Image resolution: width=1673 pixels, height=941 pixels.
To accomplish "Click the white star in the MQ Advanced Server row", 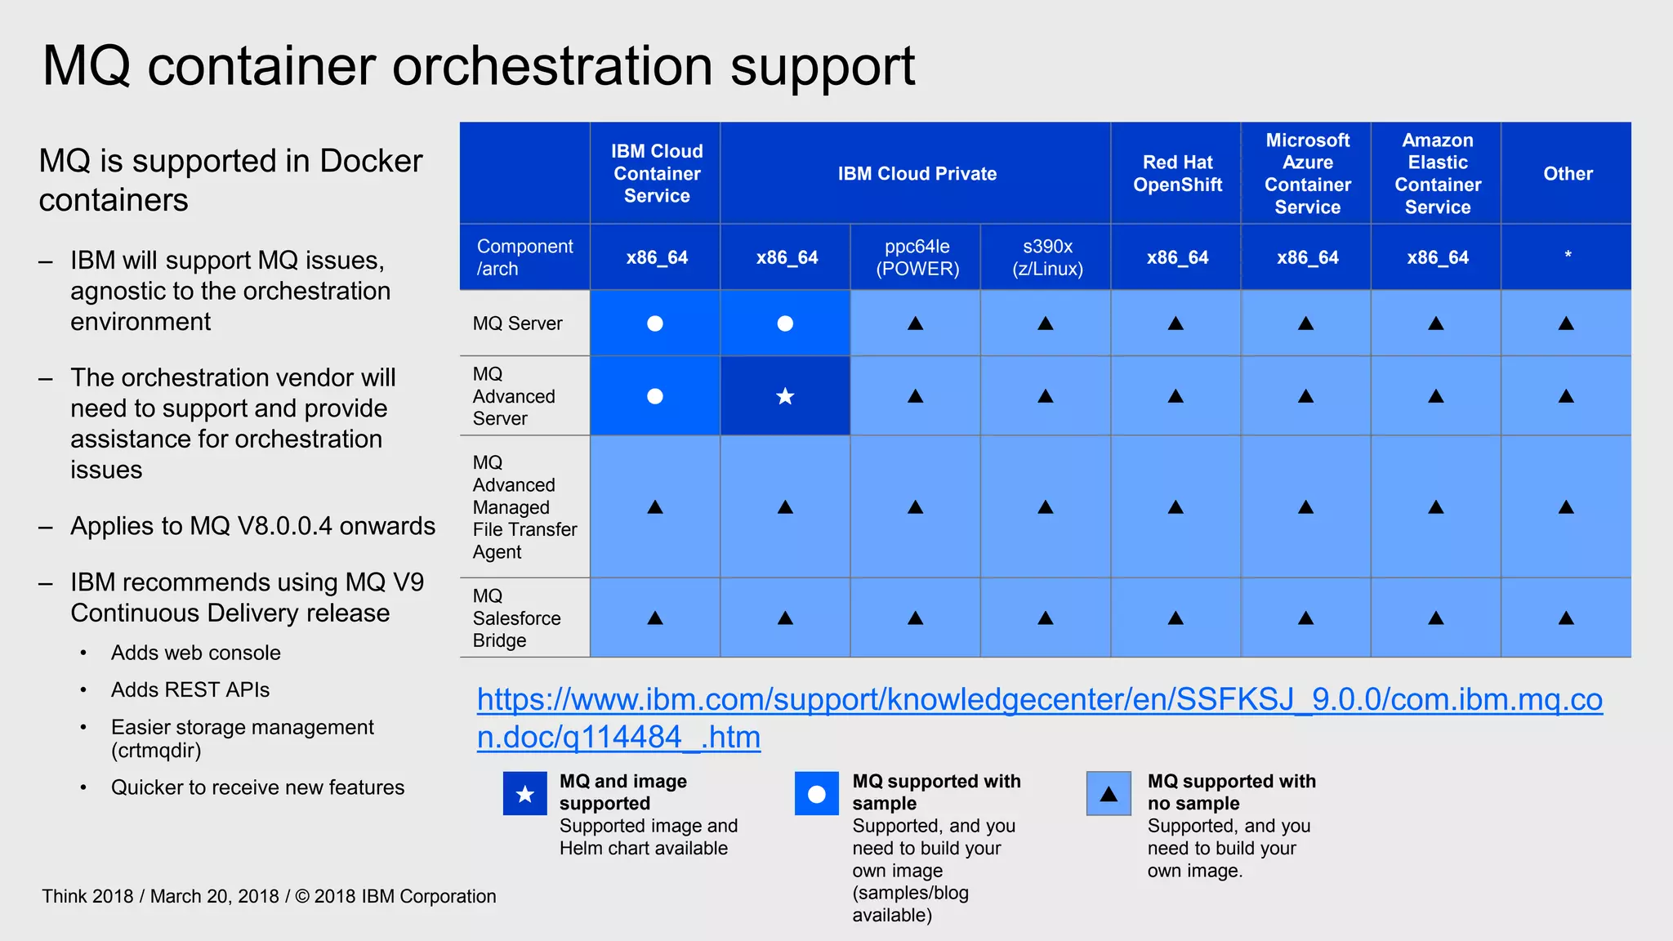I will tap(785, 396).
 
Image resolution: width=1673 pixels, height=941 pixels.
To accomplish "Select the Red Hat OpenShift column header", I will tap(1177, 173).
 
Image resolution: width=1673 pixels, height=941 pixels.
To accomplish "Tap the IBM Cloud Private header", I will tap(917, 173).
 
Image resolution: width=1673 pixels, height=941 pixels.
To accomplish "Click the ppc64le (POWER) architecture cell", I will tap(917, 257).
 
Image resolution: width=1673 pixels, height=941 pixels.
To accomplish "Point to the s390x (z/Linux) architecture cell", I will tap(1047, 257).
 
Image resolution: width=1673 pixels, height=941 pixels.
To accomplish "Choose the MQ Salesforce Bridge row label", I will tap(516, 618).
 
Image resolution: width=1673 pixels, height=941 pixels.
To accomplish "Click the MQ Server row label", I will tap(517, 323).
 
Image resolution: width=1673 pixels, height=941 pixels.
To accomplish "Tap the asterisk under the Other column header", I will tap(1568, 256).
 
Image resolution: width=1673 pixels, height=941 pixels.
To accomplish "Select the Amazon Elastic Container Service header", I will tap(1437, 173).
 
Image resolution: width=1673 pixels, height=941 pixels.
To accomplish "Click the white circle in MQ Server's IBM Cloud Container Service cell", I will tap(655, 323).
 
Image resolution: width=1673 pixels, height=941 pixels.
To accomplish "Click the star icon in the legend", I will tap(525, 793).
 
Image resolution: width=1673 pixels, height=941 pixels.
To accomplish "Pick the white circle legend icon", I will tap(817, 793).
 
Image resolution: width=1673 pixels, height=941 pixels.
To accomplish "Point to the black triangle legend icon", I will tap(1109, 793).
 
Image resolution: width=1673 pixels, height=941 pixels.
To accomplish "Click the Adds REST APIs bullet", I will tap(190, 689).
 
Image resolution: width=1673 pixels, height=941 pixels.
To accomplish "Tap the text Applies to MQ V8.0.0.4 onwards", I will tap(252, 526).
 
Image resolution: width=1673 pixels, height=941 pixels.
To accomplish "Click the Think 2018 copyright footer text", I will tap(269, 896).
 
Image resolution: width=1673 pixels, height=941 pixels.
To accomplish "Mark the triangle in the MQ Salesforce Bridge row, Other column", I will tap(1566, 618).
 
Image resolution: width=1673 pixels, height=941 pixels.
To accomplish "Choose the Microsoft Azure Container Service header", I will tap(1307, 173).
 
